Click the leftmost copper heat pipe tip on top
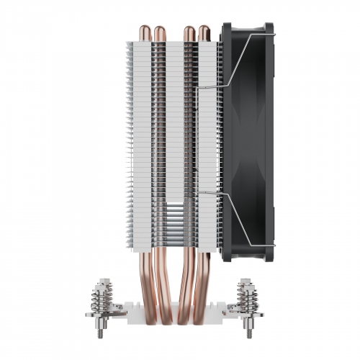tap(141, 32)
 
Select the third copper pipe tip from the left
tap(188, 32)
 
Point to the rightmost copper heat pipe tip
tap(204, 32)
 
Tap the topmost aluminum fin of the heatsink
tap(166, 41)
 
